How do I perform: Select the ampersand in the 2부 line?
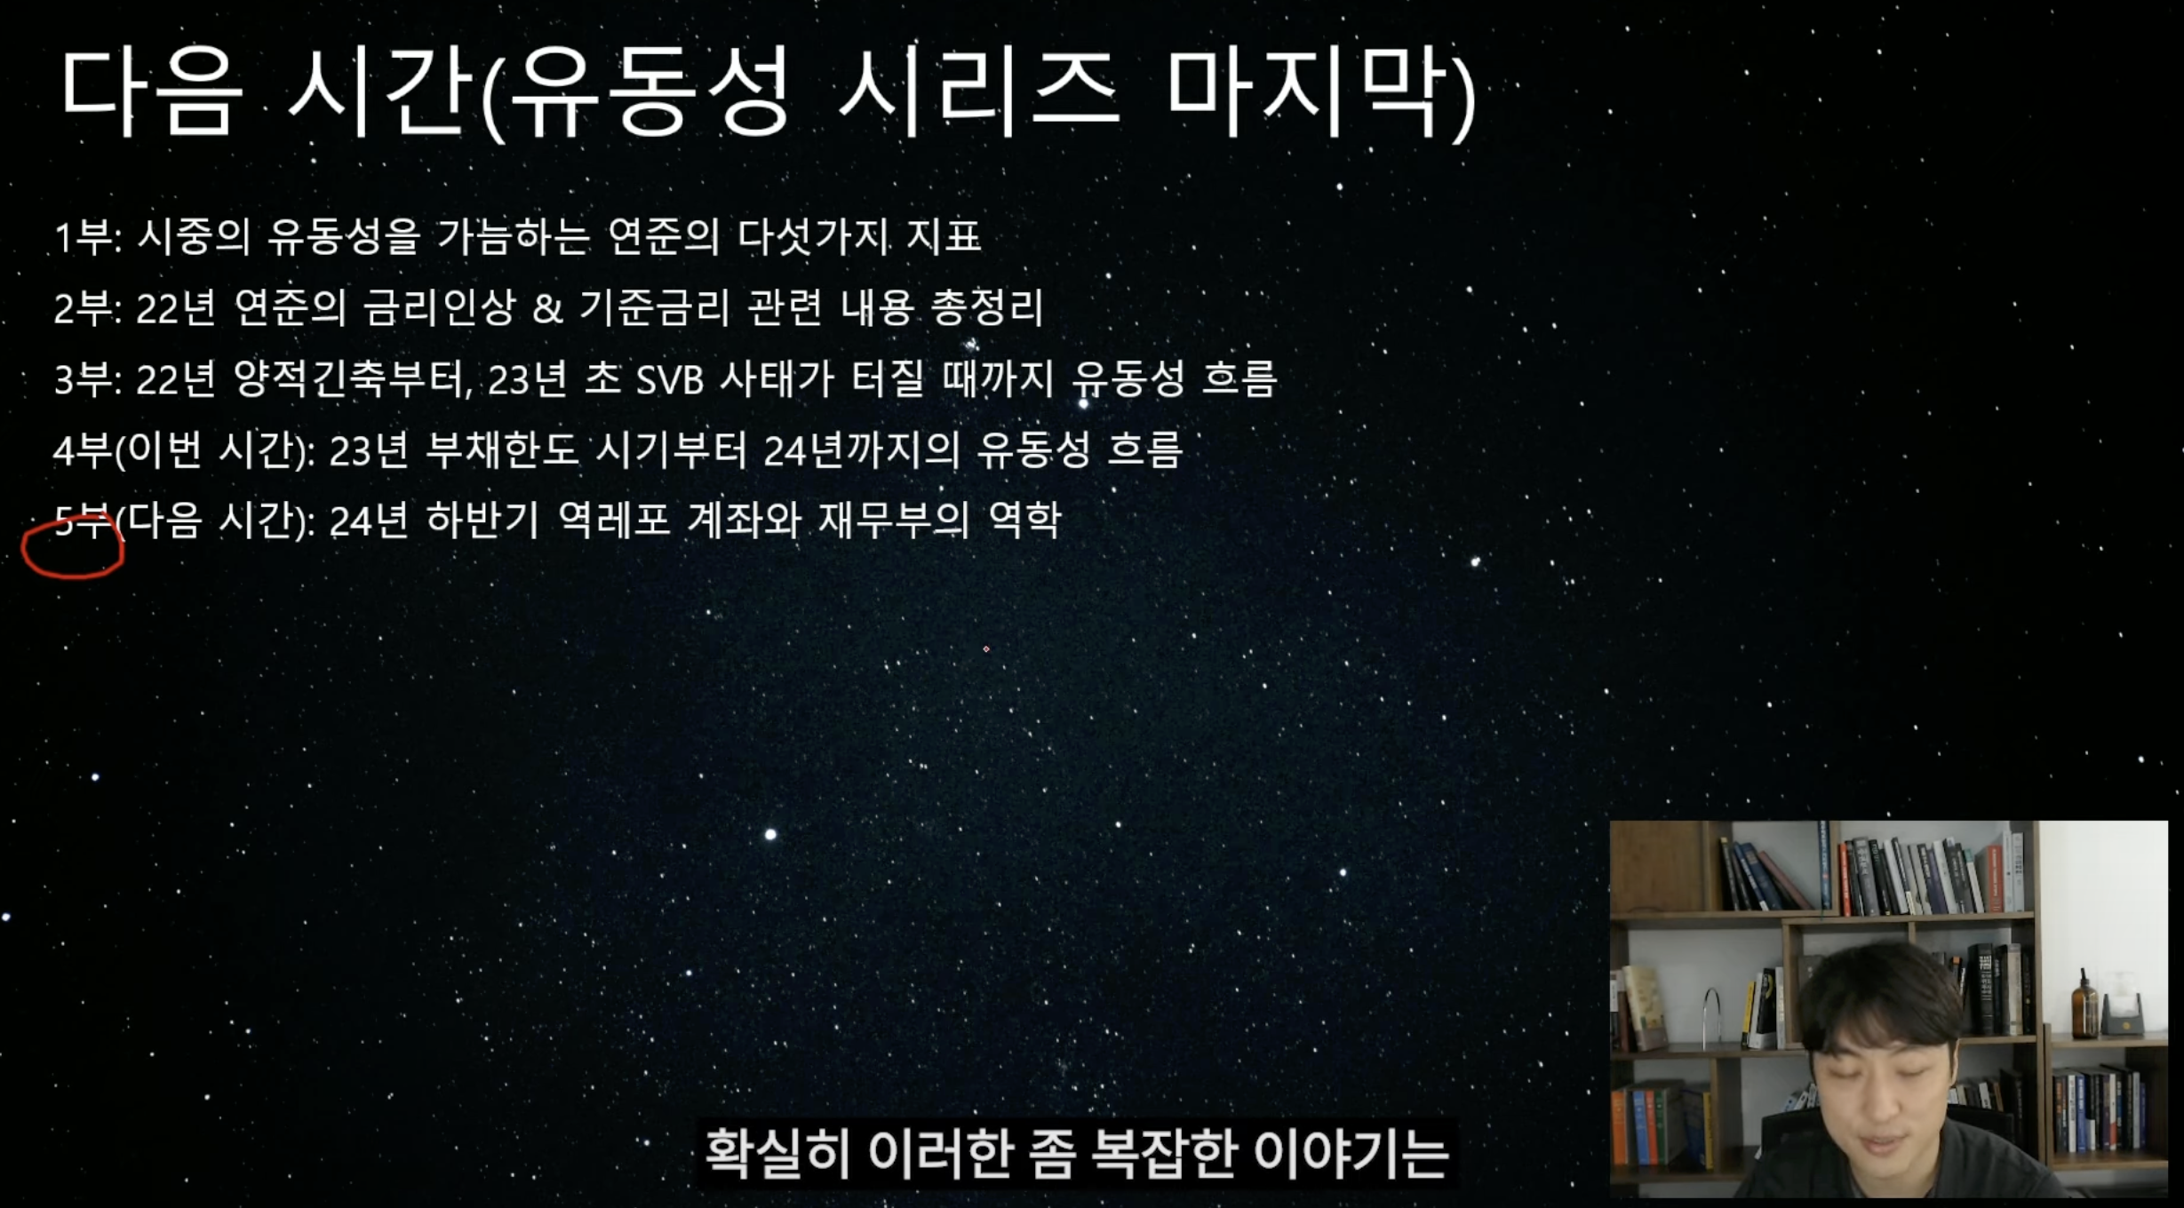[x=547, y=307]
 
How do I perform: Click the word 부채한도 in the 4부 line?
[x=502, y=449]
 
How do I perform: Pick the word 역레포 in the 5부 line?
[x=614, y=520]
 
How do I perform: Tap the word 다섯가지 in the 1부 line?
[x=813, y=236]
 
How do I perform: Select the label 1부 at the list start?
[x=86, y=237]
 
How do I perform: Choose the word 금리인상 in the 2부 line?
[x=440, y=307]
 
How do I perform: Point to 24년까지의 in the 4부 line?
[x=862, y=449]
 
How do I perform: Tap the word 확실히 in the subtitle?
[x=778, y=1152]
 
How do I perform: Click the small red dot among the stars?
[x=986, y=649]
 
